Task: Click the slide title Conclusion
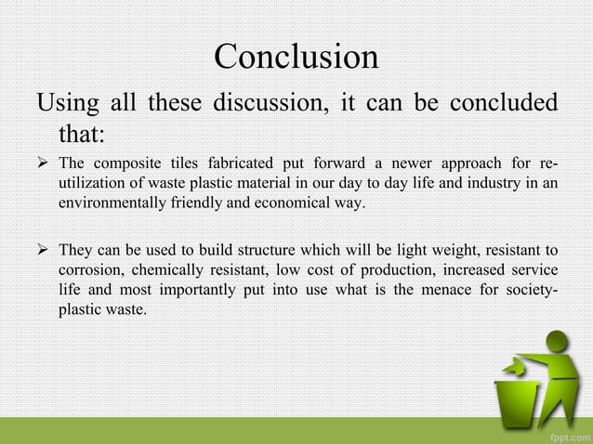point(296,57)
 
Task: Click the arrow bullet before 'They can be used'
point(43,250)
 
